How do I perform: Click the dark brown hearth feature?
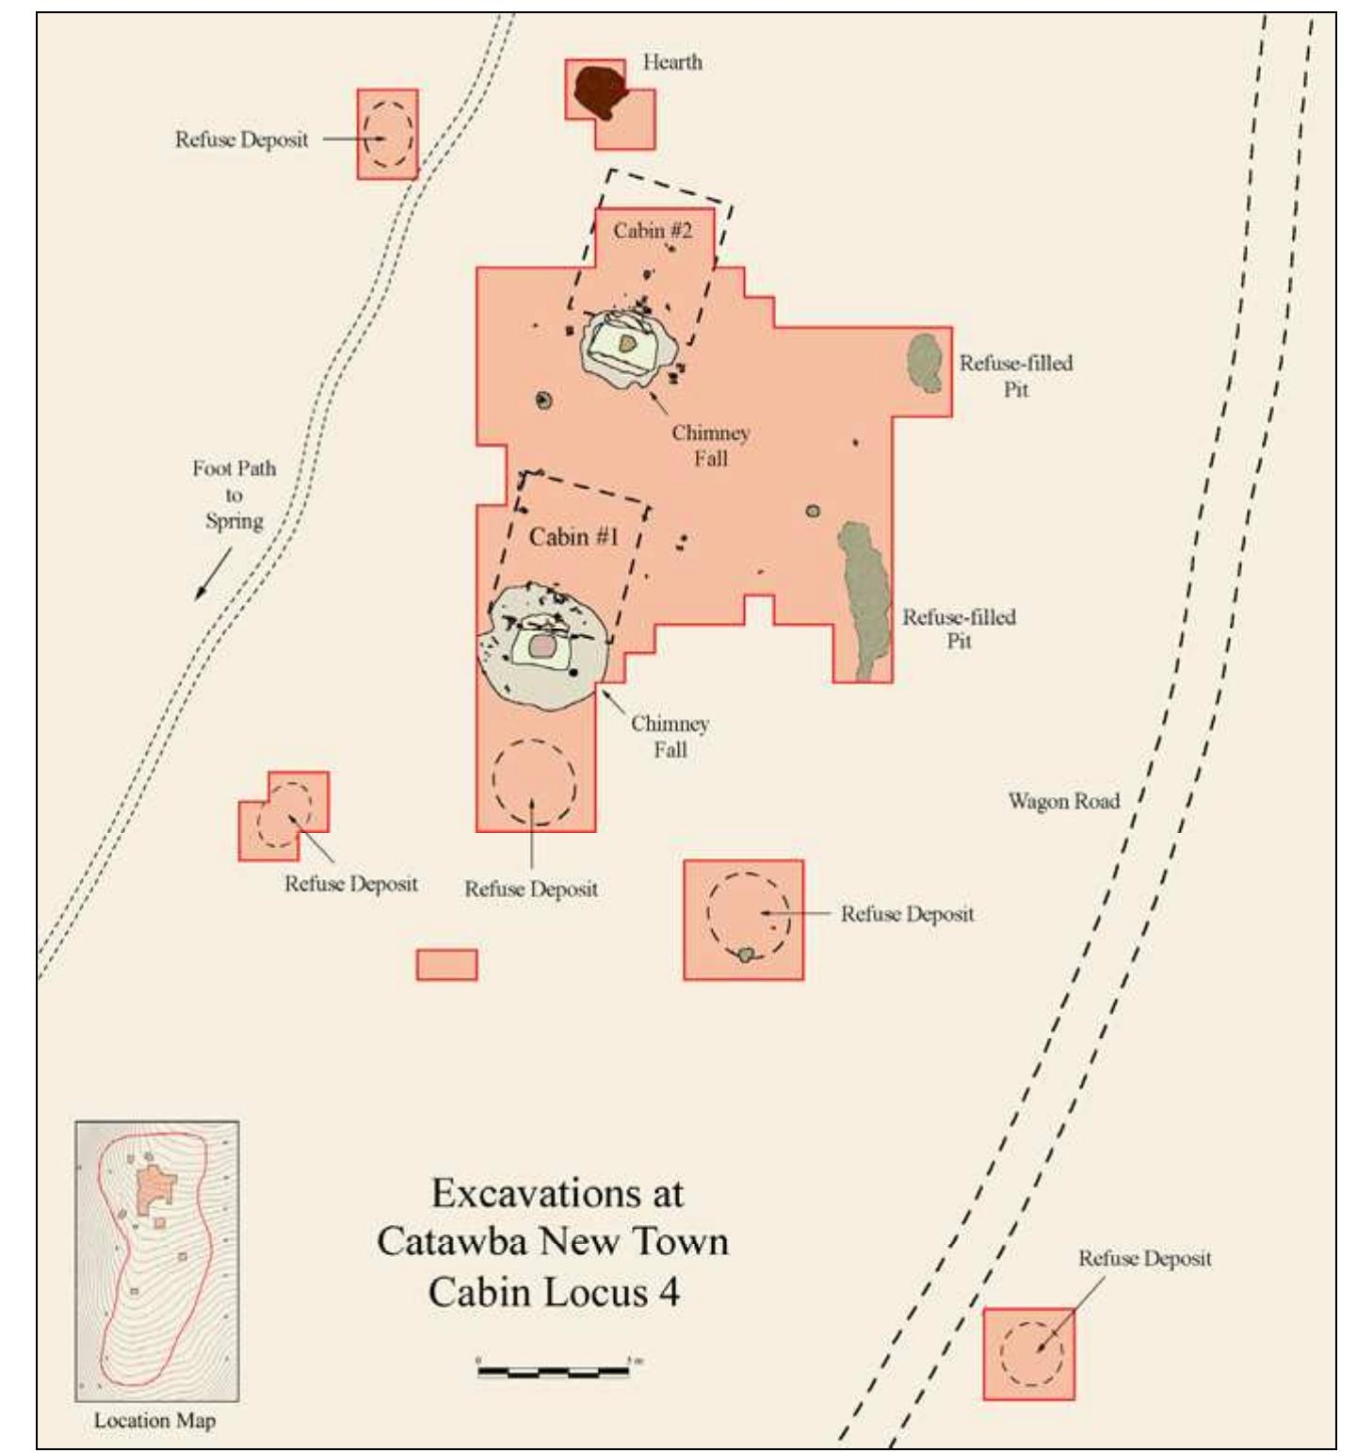coord(600,90)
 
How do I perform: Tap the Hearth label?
coord(672,62)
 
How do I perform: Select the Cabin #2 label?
coord(653,231)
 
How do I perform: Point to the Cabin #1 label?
coord(573,537)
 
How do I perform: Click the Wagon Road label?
coord(1064,801)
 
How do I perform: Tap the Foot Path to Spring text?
coord(234,495)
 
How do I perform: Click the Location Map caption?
coord(154,1420)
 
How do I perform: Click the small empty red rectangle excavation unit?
coord(446,965)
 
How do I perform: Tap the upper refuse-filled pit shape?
coord(926,363)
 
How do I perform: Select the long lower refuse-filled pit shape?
coord(864,598)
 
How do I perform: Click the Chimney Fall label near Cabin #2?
coord(711,446)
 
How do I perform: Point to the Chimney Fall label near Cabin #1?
coord(670,737)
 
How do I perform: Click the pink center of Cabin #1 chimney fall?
coord(542,646)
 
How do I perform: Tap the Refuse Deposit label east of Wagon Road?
coord(1145,1259)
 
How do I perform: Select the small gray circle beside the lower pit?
coord(812,511)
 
